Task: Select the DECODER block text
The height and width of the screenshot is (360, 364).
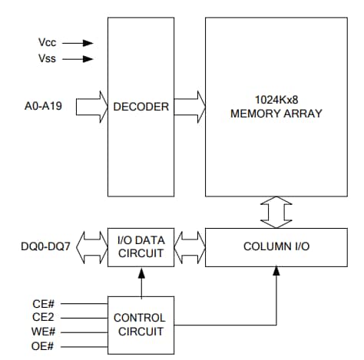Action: [141, 107]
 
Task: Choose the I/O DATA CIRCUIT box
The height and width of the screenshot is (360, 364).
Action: [141, 247]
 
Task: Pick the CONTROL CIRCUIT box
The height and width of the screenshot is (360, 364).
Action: [139, 323]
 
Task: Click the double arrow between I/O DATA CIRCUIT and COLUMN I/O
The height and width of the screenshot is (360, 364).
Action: [189, 247]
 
